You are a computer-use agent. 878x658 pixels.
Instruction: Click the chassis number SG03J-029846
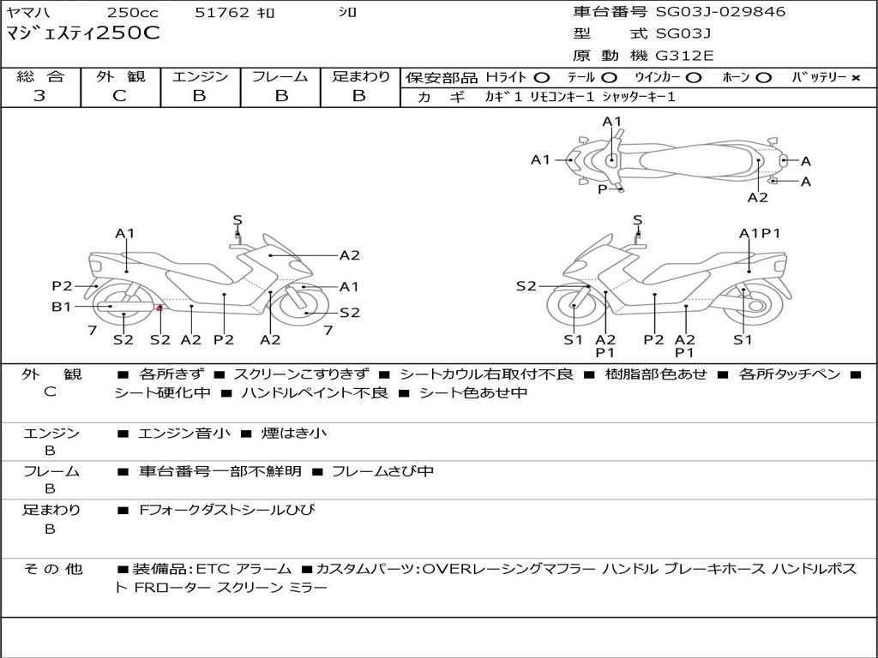720,12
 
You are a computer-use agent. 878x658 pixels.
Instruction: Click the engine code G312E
684,56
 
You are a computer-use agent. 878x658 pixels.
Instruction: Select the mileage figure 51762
221,13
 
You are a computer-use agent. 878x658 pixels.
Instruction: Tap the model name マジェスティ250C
83,34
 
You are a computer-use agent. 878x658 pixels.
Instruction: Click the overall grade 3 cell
39,96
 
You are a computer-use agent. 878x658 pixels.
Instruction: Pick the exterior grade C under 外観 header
119,96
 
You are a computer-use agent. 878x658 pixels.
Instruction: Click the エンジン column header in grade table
200,77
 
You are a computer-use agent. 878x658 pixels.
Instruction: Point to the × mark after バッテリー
855,78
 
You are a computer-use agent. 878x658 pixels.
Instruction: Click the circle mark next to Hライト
541,78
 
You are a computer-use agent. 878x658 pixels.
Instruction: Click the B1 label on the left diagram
61,307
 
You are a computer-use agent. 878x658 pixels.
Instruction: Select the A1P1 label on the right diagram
760,233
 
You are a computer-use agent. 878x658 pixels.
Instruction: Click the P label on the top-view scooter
603,188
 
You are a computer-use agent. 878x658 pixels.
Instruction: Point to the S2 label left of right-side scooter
526,286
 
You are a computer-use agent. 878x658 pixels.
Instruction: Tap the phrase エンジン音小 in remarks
183,434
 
